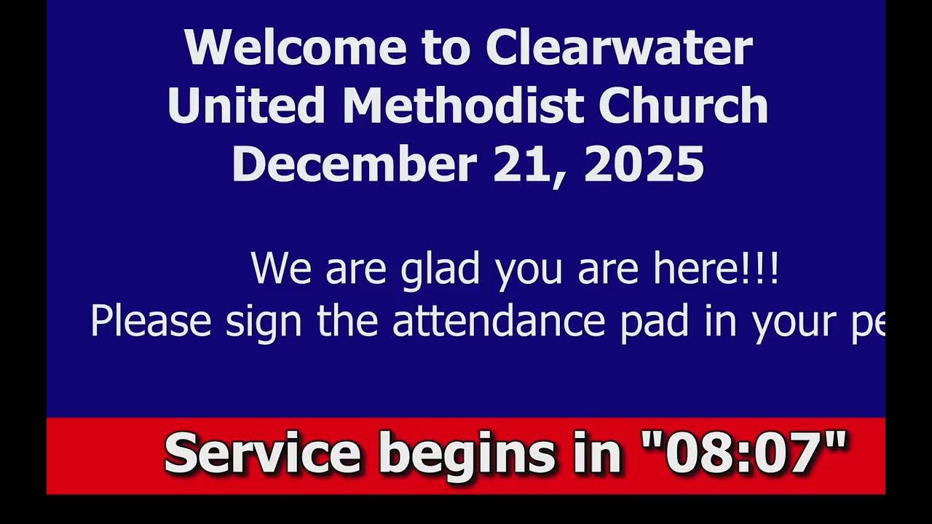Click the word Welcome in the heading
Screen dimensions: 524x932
coord(295,48)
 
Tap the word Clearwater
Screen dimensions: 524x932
coord(619,48)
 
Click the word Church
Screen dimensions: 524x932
coord(683,106)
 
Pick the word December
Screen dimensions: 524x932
coord(354,164)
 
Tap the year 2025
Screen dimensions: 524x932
coord(644,164)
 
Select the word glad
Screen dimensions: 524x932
coord(440,269)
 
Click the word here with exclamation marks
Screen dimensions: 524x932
coord(716,268)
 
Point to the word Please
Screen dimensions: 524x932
coord(151,321)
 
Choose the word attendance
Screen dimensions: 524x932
coord(499,321)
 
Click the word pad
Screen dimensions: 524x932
coord(654,321)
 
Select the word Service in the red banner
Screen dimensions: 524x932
coord(263,453)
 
